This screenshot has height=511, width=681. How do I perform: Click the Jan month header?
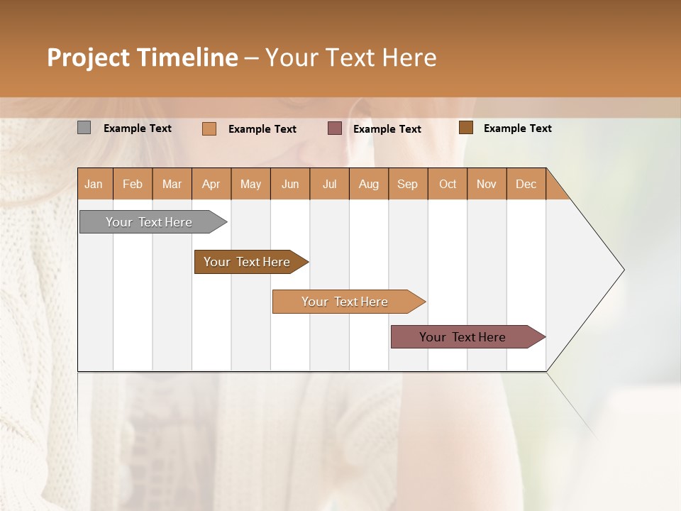click(94, 184)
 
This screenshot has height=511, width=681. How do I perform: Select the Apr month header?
click(211, 184)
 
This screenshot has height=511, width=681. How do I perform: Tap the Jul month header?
click(329, 184)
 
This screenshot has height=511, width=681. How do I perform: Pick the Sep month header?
click(408, 184)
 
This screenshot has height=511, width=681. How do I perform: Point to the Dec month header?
click(526, 184)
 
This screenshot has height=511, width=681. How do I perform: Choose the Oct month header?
click(448, 184)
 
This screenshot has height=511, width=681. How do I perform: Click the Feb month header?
click(133, 184)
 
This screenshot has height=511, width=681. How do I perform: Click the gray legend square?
click(84, 128)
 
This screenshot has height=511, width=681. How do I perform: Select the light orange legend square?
click(209, 128)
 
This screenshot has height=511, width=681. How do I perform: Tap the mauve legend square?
click(335, 128)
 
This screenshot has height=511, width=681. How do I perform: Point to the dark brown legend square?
click(466, 127)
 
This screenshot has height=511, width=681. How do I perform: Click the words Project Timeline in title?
click(142, 57)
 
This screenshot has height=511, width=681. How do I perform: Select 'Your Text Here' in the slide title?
click(350, 57)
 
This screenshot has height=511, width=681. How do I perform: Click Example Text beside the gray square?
click(138, 128)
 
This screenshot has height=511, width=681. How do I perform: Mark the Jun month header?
click(290, 184)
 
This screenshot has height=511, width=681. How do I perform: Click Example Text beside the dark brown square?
click(518, 128)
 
